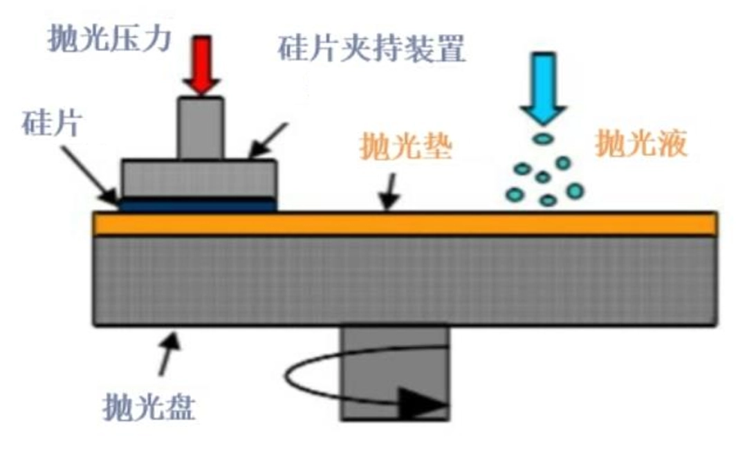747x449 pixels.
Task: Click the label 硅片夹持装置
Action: [x=371, y=51]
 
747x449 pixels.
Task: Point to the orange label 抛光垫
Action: [x=407, y=147]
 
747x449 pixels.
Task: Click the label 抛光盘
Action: [x=149, y=408]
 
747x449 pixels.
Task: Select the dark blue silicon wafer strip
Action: [x=198, y=205]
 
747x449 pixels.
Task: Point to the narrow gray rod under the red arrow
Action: [x=201, y=129]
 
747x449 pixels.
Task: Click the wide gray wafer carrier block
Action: [x=199, y=178]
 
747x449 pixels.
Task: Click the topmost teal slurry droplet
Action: [x=544, y=139]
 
